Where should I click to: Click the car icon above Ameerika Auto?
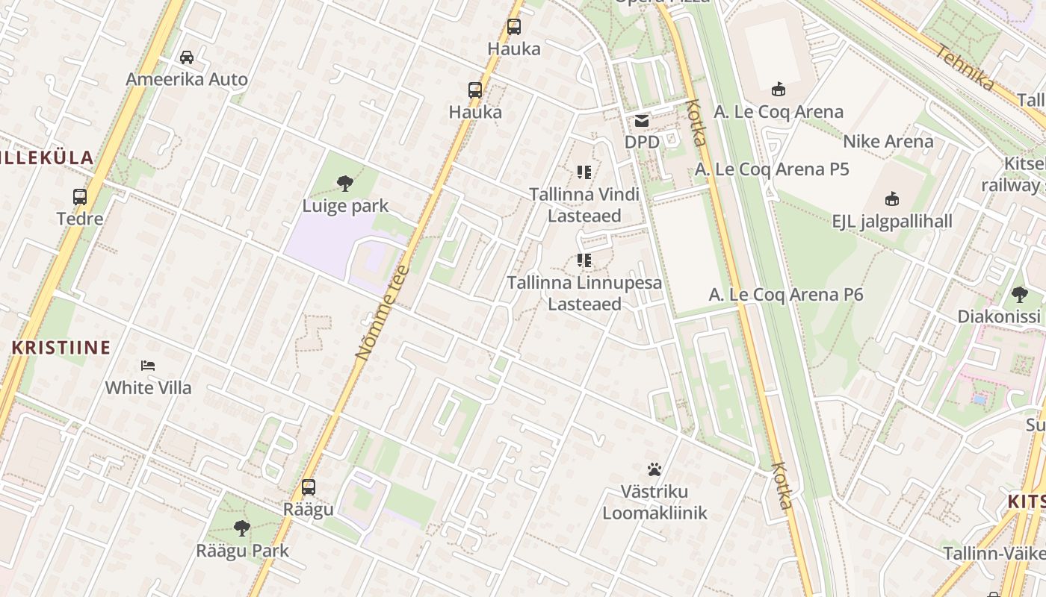click(187, 57)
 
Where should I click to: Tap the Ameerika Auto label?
click(187, 79)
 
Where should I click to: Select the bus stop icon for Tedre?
click(80, 197)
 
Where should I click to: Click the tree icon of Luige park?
click(344, 183)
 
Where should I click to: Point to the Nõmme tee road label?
click(383, 313)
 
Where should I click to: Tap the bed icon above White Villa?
click(148, 366)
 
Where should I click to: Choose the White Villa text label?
click(148, 387)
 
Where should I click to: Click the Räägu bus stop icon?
click(308, 488)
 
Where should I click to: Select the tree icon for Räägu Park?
click(241, 528)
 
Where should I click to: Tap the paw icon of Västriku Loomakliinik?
click(654, 469)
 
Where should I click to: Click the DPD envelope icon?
click(642, 121)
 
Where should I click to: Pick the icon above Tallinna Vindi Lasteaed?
click(584, 173)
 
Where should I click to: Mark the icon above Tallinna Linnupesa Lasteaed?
click(584, 261)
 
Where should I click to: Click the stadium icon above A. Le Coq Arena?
click(779, 90)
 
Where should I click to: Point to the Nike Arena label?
click(888, 141)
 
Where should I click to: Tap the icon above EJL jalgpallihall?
click(892, 199)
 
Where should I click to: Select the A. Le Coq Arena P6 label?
click(786, 295)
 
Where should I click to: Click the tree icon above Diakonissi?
click(1020, 295)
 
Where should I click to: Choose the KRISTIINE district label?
click(61, 348)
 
